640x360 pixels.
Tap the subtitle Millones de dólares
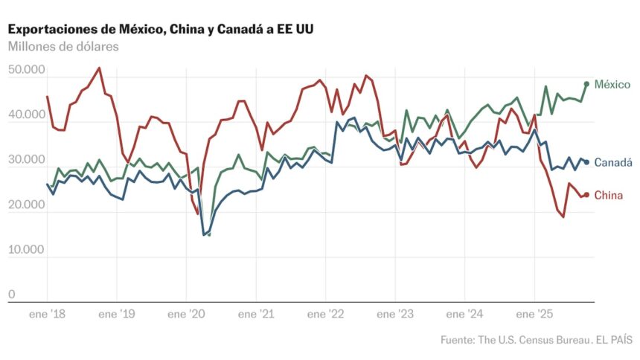[x=63, y=46]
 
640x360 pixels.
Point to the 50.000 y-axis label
[x=27, y=71]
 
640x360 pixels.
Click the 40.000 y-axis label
[x=27, y=115]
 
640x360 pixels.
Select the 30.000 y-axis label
[x=27, y=160]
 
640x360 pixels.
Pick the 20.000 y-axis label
[x=27, y=205]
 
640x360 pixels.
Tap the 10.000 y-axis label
[x=27, y=250]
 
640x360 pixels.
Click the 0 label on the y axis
[x=12, y=295]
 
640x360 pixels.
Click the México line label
[x=612, y=84]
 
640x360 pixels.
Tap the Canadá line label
[x=613, y=163]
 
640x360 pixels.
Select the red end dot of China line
[x=586, y=195]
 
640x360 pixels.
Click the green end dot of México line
[x=586, y=84]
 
